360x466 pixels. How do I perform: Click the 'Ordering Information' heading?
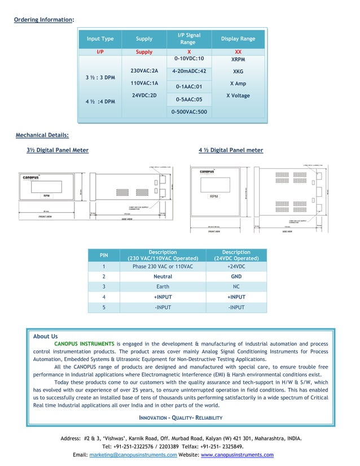coord(43,20)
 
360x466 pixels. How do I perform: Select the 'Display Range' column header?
coord(238,39)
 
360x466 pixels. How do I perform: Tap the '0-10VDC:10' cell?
coord(188,58)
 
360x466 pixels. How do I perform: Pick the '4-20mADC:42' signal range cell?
coord(189,72)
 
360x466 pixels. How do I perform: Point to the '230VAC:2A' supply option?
coord(144,71)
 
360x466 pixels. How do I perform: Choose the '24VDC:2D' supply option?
coord(144,95)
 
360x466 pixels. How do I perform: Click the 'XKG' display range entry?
coord(238,72)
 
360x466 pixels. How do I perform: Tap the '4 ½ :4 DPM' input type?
coord(100,102)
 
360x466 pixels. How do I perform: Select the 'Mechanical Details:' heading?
coord(42,135)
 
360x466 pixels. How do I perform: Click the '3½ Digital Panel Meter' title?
coord(58,150)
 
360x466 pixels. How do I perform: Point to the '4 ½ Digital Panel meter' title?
coord(231,150)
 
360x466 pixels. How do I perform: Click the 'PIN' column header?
coord(104,256)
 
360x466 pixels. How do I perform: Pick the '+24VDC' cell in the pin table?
coord(236,266)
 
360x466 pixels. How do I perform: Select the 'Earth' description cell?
coord(163,287)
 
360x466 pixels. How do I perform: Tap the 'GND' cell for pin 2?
coord(236,276)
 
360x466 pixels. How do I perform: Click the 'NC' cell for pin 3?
coord(236,287)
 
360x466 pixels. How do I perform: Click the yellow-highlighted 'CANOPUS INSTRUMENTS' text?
coord(84,344)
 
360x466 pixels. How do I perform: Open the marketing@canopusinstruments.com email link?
coord(133,455)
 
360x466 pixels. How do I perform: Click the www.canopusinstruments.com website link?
coord(237,455)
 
